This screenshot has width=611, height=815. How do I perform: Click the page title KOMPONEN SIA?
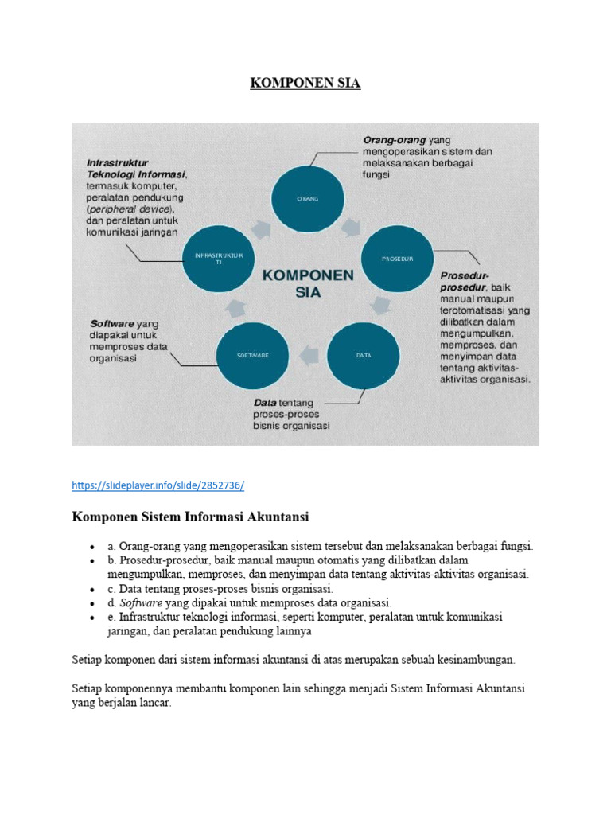pos(305,83)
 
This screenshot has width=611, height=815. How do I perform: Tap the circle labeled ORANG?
pos(307,197)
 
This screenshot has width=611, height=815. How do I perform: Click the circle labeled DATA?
pos(364,355)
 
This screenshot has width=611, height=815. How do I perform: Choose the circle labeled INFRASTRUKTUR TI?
pos(219,258)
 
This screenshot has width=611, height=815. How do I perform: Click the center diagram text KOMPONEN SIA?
pos(307,282)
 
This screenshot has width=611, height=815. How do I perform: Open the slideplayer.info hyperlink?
pos(158,485)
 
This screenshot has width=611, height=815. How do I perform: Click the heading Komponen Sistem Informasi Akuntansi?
pos(190,517)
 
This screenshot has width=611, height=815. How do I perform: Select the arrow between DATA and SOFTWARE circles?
pos(309,355)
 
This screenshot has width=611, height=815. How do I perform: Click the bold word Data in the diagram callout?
pos(265,403)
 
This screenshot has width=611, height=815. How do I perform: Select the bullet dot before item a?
pos(93,548)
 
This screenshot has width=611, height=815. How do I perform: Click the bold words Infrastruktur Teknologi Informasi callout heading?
pos(135,168)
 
